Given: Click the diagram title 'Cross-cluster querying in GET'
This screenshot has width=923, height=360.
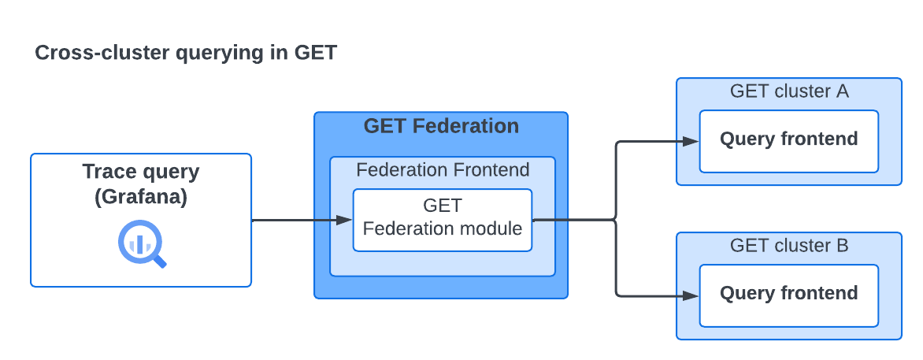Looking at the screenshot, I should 186,54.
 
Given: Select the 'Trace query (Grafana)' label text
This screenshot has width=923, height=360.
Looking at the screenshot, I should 141,184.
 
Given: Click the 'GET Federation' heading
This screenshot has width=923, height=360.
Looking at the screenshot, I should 441,126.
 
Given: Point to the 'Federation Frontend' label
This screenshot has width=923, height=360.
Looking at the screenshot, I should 443,169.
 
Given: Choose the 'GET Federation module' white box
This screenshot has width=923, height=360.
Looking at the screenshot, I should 442,220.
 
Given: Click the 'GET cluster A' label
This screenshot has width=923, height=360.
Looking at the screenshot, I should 789,91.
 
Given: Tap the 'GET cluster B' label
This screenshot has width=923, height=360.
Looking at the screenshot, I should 789,245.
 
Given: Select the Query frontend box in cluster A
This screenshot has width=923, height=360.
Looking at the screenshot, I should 788,140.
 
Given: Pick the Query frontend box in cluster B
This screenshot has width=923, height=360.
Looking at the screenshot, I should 788,295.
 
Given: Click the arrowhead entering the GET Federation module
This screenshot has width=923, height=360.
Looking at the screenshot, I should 345,220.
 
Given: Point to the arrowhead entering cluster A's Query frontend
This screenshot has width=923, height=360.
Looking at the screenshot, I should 691,141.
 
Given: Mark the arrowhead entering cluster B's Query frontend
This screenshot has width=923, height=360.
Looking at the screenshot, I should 691,295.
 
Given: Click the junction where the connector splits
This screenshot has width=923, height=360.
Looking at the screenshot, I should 615,220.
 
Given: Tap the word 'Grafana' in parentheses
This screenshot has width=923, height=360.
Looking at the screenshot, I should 141,197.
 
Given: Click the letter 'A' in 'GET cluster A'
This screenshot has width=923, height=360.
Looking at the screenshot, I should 841,91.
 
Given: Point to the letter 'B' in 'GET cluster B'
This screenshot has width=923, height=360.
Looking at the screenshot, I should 841,245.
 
